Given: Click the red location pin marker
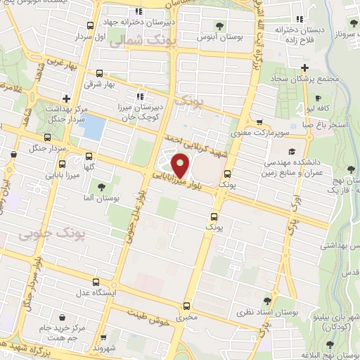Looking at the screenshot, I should (181, 165).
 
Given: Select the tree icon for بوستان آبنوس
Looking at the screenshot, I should (220, 26).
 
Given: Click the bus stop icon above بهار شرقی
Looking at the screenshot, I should (98, 73).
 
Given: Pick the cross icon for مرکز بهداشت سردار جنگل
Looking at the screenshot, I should (66, 98).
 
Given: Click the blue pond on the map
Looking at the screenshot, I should (94, 127).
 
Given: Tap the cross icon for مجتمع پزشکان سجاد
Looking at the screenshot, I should (304, 68).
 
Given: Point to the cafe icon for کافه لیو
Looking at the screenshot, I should (318, 98).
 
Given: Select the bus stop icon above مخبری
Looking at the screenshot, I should (186, 306).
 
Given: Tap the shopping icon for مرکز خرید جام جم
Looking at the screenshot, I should (65, 319).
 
